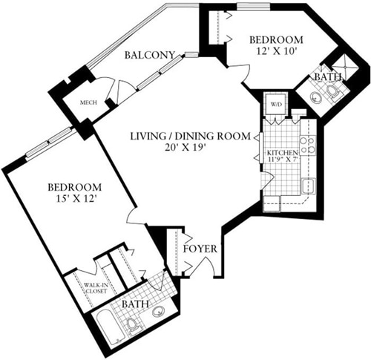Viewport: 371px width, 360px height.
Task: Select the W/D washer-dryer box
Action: coord(275,105)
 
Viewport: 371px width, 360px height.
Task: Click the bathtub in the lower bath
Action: coord(111,327)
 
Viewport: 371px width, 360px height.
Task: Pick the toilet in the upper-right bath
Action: coord(335,91)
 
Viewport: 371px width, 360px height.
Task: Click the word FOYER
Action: coord(200,248)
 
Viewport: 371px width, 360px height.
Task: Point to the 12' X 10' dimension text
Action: coord(275,53)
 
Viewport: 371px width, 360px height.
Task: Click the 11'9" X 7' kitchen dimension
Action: coord(280,157)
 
